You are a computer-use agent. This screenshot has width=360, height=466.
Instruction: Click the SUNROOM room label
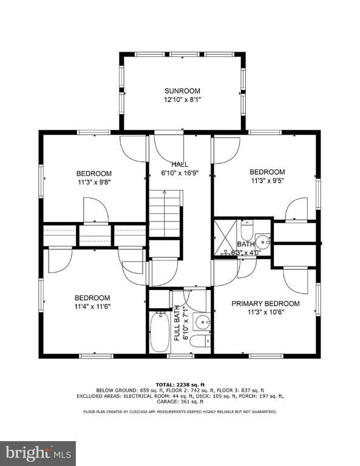pos(182,91)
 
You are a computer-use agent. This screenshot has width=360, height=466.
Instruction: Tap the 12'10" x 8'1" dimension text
pos(182,100)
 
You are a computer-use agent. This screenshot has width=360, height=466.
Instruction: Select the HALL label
pos(180,164)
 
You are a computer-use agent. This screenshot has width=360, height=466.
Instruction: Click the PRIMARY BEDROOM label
pos(265,303)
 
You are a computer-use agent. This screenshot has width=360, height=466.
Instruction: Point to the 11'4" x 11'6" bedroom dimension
pos(93,306)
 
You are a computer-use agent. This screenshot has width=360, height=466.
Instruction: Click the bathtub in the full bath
pos(160,332)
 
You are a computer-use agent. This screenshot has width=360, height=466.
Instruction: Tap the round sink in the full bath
pos(203,322)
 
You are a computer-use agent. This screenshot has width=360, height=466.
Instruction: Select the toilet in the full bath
pos(200,341)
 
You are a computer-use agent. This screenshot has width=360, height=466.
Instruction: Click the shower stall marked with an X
pos(225,237)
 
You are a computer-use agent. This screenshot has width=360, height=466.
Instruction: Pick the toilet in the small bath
pos(246,230)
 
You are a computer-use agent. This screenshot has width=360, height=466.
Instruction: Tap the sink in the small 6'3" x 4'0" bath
pos(263,242)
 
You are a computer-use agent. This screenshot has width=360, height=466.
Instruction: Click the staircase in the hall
pos(165,214)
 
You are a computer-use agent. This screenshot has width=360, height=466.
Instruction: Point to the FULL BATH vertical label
pos(177,323)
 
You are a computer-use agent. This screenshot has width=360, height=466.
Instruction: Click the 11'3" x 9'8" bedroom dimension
pos(95,182)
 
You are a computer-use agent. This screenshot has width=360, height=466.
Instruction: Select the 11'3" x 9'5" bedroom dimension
pos(267,180)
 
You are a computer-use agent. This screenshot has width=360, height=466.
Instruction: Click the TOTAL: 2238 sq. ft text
pos(180,385)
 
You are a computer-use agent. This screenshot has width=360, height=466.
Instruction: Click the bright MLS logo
pos(38,453)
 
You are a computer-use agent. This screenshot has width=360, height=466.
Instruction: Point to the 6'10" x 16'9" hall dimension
pos(180,173)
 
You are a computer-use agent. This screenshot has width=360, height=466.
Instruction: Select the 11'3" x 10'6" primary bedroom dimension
pos(266,312)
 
